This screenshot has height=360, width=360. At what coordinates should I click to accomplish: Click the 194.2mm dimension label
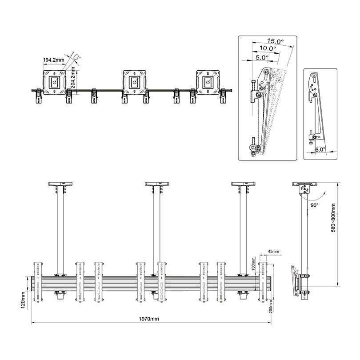click(52, 60)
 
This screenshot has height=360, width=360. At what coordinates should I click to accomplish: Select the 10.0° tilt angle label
click(267, 48)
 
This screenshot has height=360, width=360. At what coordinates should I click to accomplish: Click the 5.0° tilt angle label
click(261, 57)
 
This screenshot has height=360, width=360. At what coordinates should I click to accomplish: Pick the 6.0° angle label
click(320, 150)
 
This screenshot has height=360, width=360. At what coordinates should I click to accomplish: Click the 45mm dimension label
click(274, 252)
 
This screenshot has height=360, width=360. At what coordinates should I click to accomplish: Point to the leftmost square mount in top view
click(54, 82)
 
